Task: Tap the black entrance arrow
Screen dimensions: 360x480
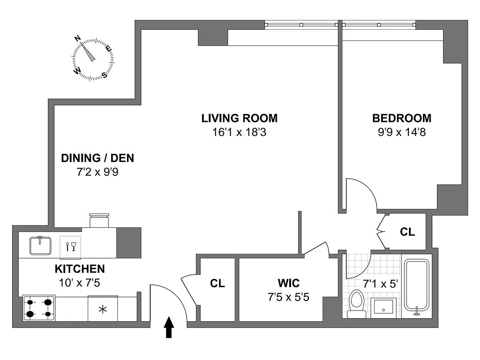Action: [169, 327]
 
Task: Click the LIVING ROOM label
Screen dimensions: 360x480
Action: [239, 118]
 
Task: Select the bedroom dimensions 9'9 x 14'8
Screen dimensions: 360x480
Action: [401, 133]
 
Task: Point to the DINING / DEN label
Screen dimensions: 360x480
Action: [98, 158]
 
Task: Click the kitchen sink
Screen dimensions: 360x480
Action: [40, 245]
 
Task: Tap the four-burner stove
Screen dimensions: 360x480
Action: [39, 308]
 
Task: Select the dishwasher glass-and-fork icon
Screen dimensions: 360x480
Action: [71, 247]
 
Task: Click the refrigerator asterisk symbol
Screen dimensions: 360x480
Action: [103, 309]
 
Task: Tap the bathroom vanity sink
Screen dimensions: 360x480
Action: [383, 308]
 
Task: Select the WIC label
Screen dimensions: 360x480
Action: [288, 283]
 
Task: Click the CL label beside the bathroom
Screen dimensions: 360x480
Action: [407, 232]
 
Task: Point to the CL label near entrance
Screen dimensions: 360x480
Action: [217, 283]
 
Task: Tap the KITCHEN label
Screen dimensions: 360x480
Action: [80, 269]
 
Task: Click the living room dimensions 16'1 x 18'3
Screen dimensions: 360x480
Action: [239, 133]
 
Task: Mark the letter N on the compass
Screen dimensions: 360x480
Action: [77, 39]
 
